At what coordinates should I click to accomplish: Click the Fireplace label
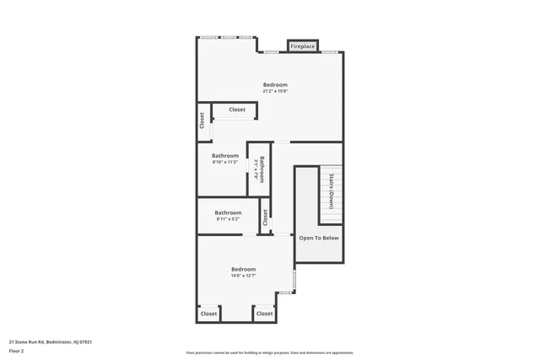pyautogui.click(x=303, y=46)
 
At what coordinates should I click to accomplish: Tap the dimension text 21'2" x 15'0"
pyautogui.click(x=275, y=92)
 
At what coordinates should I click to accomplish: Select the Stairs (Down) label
pyautogui.click(x=332, y=191)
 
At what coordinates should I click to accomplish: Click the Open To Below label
pyautogui.click(x=319, y=238)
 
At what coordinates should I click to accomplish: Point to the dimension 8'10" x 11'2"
pyautogui.click(x=225, y=162)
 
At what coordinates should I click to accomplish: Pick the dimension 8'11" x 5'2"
pyautogui.click(x=228, y=219)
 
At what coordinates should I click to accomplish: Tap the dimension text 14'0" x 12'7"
pyautogui.click(x=244, y=275)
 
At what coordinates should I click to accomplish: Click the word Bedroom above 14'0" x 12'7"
pyautogui.click(x=244, y=268)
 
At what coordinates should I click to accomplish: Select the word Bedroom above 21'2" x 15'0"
pyautogui.click(x=275, y=85)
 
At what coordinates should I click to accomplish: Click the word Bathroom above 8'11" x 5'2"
pyautogui.click(x=228, y=212)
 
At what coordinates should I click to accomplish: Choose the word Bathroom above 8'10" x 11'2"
pyautogui.click(x=225, y=155)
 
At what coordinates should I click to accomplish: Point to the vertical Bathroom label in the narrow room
pyautogui.click(x=262, y=169)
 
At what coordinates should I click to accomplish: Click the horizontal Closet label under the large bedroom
pyautogui.click(x=236, y=110)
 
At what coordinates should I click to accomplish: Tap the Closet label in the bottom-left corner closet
pyautogui.click(x=208, y=314)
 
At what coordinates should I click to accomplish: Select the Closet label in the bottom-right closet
pyautogui.click(x=265, y=314)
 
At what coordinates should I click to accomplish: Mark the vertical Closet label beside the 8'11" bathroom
pyautogui.click(x=265, y=218)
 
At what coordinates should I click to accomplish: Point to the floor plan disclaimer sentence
pyautogui.click(x=270, y=353)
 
